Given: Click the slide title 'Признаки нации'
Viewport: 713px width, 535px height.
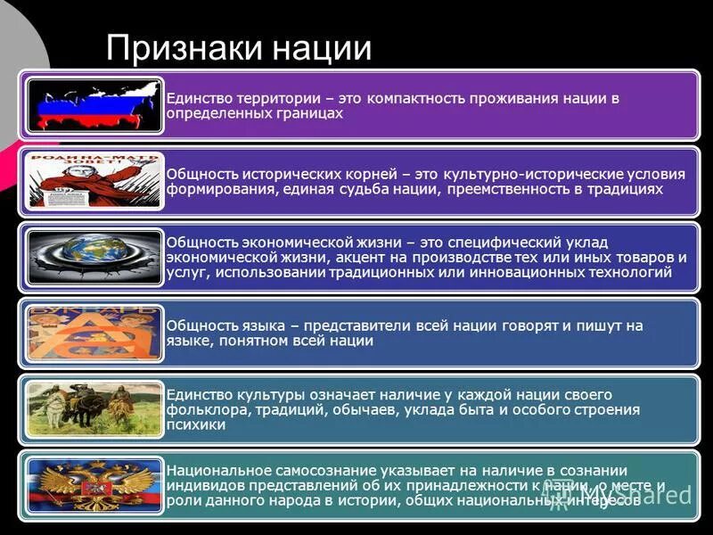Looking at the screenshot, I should pyautogui.click(x=238, y=47).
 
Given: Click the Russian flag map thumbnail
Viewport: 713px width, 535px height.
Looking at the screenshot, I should pyautogui.click(x=94, y=105).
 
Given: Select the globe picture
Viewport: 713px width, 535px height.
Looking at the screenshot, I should pyautogui.click(x=94, y=257).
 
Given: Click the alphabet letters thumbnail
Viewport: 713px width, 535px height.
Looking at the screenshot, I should pyautogui.click(x=94, y=333).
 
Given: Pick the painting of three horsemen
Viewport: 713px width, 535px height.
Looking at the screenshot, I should pyautogui.click(x=94, y=409).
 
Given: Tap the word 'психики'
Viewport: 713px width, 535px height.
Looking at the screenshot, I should pyautogui.click(x=195, y=425).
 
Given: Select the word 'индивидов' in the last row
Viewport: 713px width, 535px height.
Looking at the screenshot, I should pyautogui.click(x=201, y=486).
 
